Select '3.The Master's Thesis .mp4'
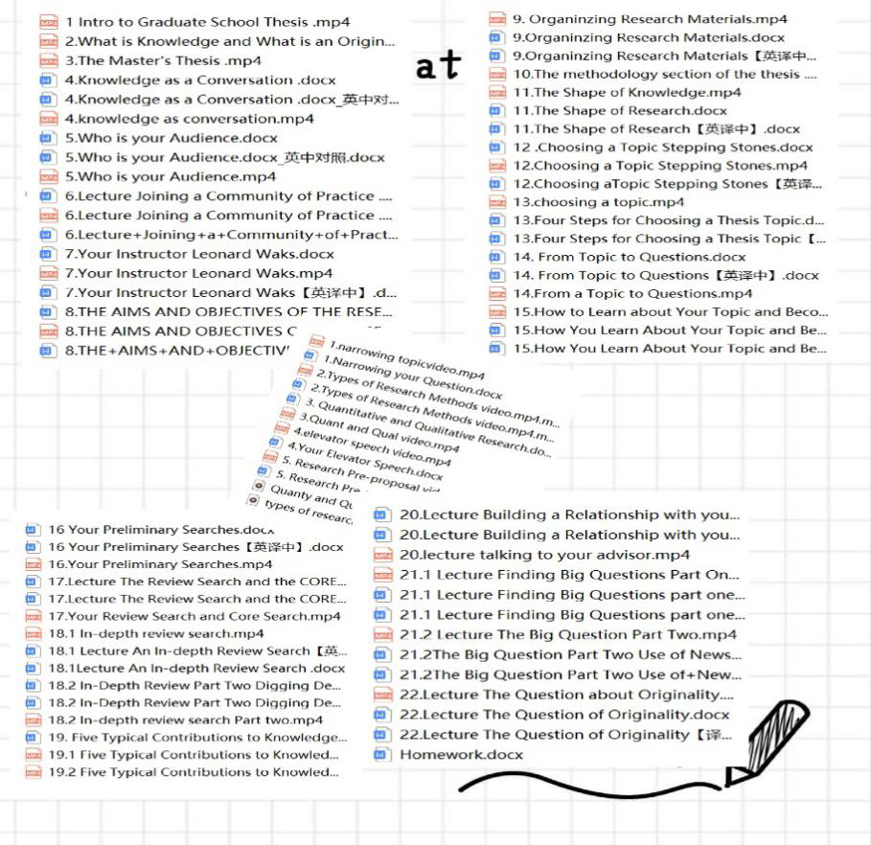(x=163, y=60)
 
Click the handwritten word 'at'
(x=438, y=65)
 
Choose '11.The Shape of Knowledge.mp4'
(x=627, y=92)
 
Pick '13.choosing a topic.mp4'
(x=598, y=202)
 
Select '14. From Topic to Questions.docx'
(x=629, y=257)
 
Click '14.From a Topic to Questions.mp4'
(x=632, y=293)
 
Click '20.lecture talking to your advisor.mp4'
(x=543, y=555)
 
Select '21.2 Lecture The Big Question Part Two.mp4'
(x=567, y=634)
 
